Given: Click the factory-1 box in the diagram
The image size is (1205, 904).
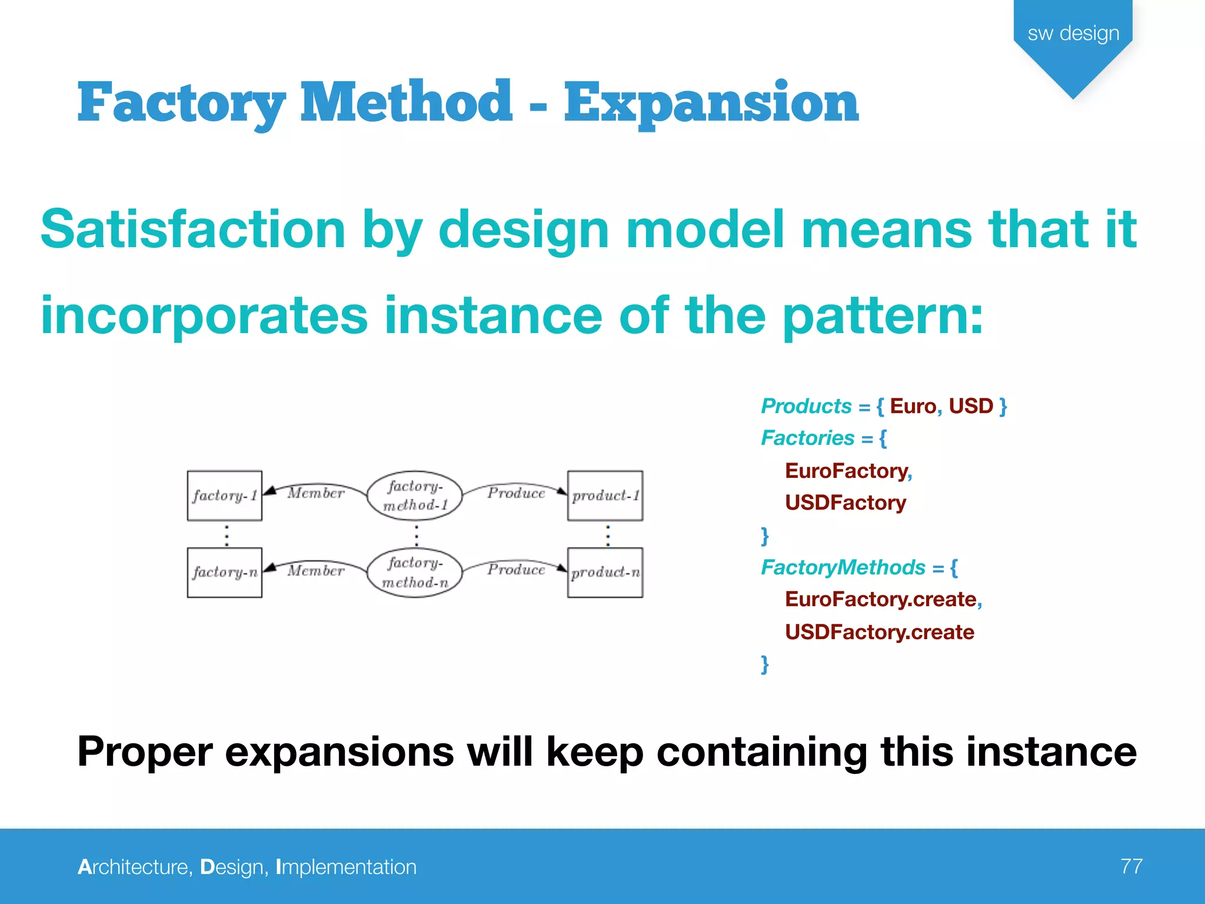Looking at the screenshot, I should tap(224, 496).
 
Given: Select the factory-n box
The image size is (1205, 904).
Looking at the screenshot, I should tap(224, 572).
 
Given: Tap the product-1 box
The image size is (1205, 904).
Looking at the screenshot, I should tap(605, 496).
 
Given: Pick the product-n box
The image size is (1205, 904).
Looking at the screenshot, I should tap(605, 572).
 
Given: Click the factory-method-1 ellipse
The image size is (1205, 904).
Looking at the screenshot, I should tap(415, 496).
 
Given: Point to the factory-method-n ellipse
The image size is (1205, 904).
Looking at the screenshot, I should tap(415, 572).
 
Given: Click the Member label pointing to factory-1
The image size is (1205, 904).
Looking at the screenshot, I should tap(316, 493).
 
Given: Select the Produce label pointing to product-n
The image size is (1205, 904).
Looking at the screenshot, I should tap(516, 570).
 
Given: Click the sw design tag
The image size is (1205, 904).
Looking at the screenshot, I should tap(1073, 34).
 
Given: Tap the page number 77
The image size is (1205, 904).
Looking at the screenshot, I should tap(1131, 866).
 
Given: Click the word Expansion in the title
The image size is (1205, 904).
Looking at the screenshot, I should tap(711, 103).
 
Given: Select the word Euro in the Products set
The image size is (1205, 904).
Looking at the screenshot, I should tap(913, 406).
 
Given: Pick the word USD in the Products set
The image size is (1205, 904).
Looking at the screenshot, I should tap(971, 406).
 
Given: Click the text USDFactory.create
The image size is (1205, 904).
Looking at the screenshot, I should tap(879, 632).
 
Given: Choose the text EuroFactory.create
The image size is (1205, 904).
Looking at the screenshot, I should tap(880, 599).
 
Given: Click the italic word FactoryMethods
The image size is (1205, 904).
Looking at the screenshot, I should tap(843, 567).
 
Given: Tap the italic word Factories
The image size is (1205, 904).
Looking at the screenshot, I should tap(807, 438).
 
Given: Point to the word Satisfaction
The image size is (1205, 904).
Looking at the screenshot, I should tap(193, 230).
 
